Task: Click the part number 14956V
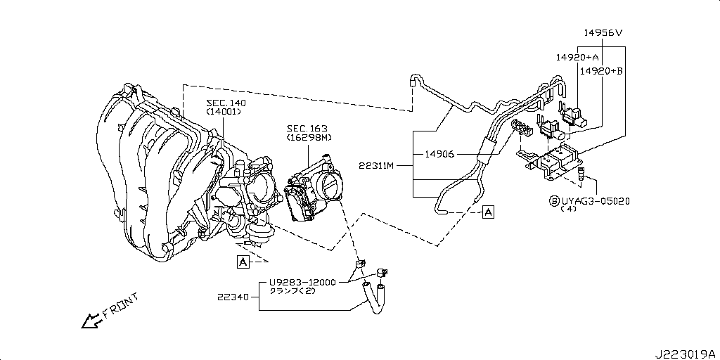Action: point(603,33)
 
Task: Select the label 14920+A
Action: point(577,57)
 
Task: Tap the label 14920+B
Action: point(601,71)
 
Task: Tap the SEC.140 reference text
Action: point(226,103)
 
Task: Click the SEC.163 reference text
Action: point(305,128)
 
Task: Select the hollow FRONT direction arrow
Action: point(90,321)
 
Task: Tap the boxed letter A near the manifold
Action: point(243,262)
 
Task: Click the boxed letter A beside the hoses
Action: point(488,211)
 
